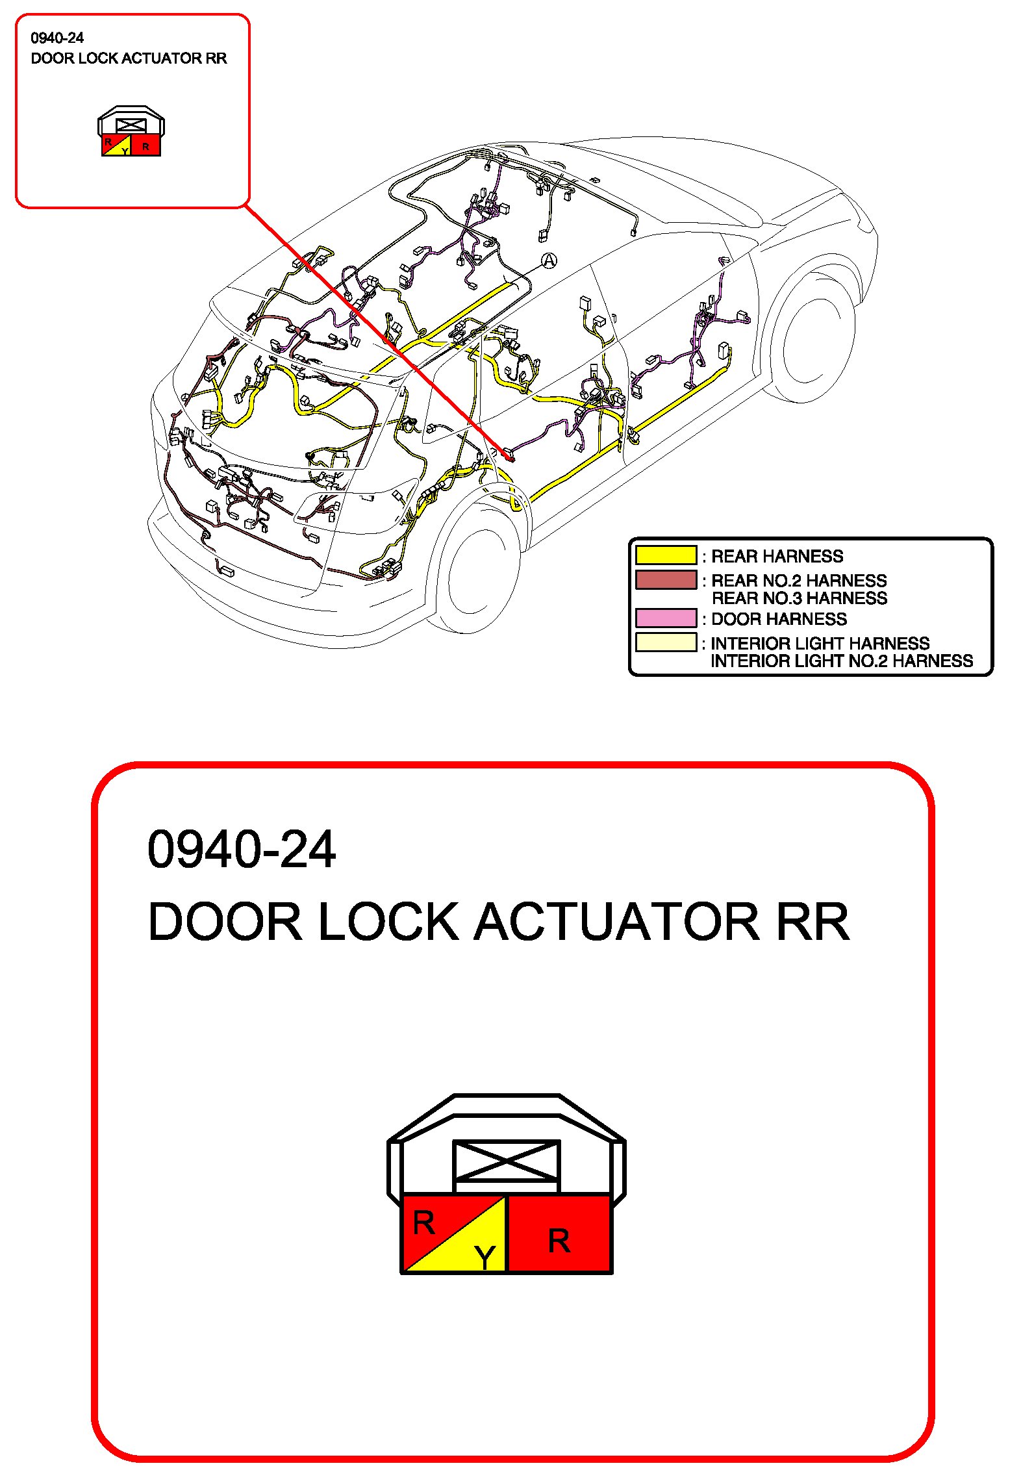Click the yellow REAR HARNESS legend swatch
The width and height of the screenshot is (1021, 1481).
point(666,555)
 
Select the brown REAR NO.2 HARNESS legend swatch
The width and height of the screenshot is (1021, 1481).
point(666,579)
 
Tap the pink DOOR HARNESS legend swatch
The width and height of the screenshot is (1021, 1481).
point(666,618)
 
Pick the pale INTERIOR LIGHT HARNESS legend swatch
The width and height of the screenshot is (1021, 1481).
point(666,642)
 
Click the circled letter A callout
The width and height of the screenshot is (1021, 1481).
point(549,261)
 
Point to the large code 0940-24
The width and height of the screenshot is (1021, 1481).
point(241,850)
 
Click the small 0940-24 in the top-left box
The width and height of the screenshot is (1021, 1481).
point(57,38)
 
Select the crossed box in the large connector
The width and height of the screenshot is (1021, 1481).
point(506,1161)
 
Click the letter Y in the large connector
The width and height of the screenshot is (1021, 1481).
point(485,1258)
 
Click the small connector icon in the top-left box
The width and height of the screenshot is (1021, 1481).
point(131,132)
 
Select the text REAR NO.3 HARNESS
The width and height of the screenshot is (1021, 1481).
point(799,598)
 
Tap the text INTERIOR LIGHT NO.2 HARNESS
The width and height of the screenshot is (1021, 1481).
point(841,661)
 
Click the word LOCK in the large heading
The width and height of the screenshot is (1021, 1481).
point(388,922)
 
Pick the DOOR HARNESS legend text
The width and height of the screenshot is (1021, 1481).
point(779,619)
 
